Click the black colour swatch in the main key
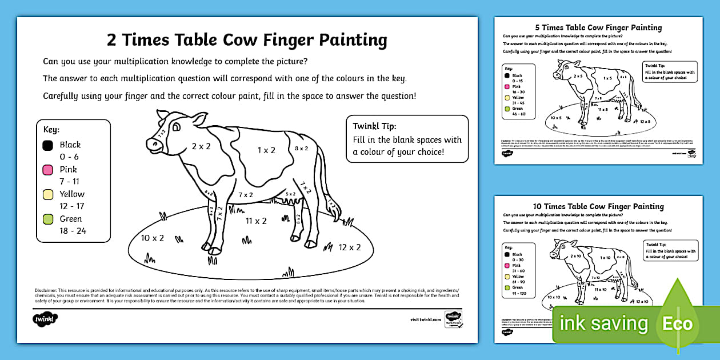tap(48, 145)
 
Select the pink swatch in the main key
tap(48, 170)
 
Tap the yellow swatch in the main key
tap(48, 194)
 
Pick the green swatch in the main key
tap(48, 219)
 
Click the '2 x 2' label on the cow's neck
tap(201, 146)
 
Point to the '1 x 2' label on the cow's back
tap(266, 150)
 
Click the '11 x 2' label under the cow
tap(256, 221)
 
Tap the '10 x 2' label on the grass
tap(153, 238)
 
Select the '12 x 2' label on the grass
tap(350, 247)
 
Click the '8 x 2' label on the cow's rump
tap(301, 149)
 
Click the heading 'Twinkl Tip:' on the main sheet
tap(374, 126)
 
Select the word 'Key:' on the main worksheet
tap(51, 130)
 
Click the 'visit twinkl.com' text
tap(426, 320)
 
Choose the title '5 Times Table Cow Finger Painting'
tap(598, 27)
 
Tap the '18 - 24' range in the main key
tap(73, 231)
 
